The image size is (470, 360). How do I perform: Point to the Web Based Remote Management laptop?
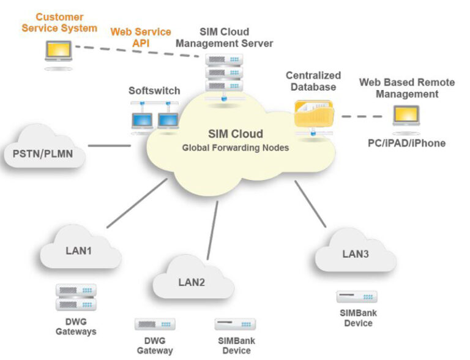[x=406, y=118]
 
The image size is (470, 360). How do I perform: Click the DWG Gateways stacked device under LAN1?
[x=76, y=298]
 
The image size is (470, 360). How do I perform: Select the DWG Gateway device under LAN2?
[x=155, y=324]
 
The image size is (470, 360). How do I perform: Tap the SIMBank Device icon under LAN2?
[x=235, y=324]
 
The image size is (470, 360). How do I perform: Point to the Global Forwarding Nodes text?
[x=235, y=148]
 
